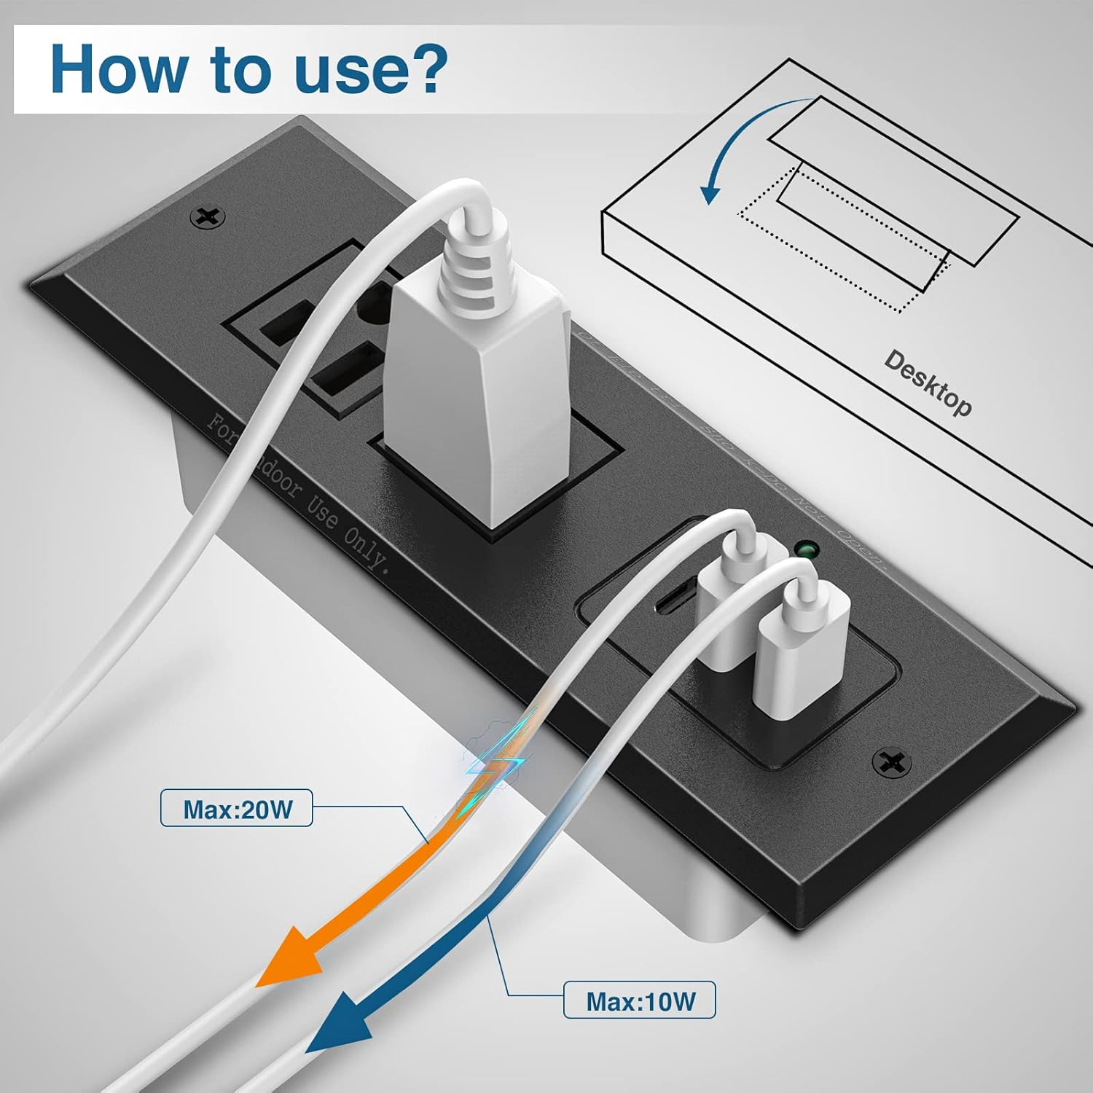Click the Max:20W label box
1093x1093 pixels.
236,808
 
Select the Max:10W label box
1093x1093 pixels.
640,1000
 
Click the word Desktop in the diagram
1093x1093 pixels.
928,383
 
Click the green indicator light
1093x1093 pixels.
806,548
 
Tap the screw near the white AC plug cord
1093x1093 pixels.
207,216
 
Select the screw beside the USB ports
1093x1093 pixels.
891,762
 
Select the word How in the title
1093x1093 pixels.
117,69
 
